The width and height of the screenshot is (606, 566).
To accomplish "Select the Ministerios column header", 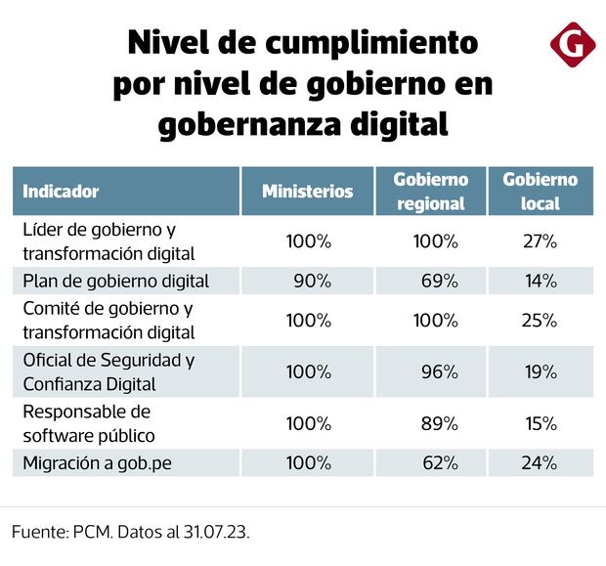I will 307,192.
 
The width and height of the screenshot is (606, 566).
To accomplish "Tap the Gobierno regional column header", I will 430,192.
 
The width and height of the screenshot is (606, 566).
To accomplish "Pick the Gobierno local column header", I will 540,192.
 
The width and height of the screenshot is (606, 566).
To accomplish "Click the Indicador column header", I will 61,192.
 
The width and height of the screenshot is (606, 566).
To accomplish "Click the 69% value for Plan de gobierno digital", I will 439,282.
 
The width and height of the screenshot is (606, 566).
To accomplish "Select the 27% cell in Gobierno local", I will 539,240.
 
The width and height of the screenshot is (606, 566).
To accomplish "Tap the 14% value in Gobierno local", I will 539,282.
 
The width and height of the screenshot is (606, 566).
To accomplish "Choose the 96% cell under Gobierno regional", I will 439,371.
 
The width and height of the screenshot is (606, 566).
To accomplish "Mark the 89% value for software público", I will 439,424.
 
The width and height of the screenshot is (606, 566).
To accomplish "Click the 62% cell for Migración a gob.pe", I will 439,463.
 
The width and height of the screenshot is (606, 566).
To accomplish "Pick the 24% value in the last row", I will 539,463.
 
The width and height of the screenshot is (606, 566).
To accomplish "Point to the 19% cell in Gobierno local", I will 539,371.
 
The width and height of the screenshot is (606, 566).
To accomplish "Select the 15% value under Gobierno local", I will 539,424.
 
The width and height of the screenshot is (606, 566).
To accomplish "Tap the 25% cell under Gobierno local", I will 539,321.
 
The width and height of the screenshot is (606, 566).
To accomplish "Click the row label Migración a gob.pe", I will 96,463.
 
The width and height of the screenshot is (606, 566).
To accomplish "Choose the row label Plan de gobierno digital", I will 115,282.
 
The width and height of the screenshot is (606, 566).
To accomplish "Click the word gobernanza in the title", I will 244,125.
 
